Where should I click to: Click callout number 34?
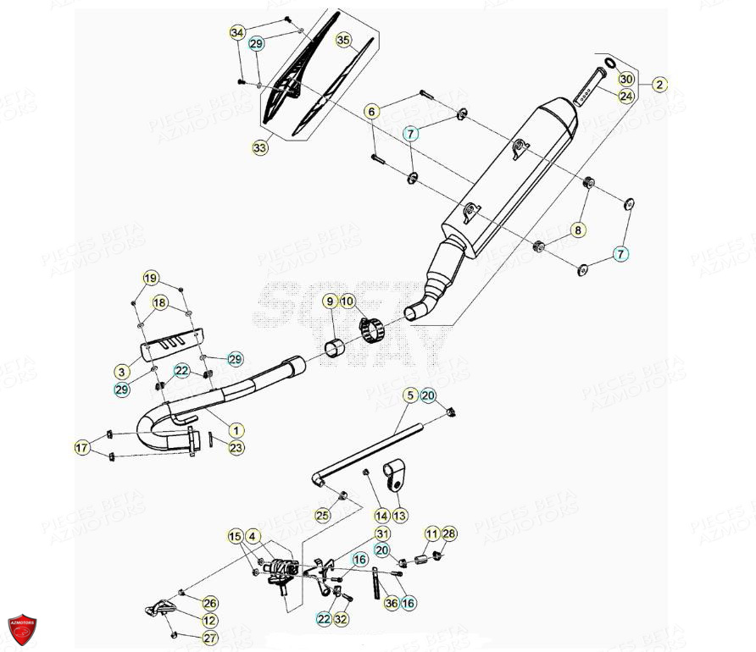(238, 33)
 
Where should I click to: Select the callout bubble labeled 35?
(343, 40)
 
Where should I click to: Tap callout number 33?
(259, 147)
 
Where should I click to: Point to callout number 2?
(659, 85)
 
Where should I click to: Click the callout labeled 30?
(625, 79)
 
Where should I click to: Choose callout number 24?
(625, 96)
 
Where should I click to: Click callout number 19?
(150, 279)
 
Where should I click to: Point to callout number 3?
(123, 371)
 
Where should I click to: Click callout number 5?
(409, 395)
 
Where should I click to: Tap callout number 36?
(391, 602)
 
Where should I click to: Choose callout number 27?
(209, 638)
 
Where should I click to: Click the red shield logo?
(22, 628)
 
